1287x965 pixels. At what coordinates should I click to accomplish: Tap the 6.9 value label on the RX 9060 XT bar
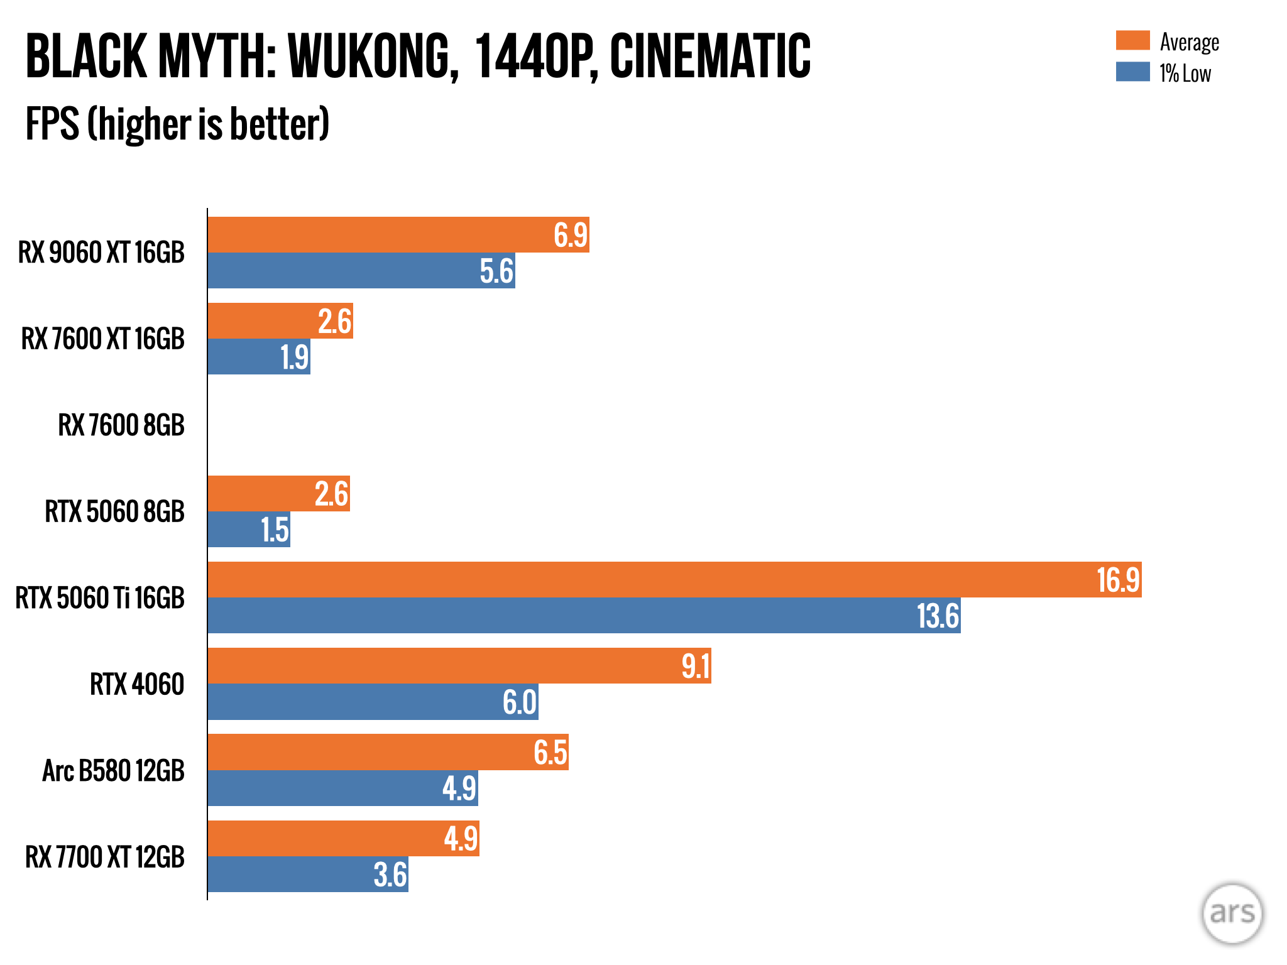pos(570,236)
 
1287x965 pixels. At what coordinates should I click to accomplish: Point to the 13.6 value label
pos(938,616)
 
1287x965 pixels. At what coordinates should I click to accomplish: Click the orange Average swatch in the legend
pos(1132,41)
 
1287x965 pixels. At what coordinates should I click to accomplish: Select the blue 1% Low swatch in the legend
pos(1132,72)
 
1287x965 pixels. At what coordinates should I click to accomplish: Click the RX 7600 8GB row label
pos(121,425)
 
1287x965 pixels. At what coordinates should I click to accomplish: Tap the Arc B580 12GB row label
pos(114,771)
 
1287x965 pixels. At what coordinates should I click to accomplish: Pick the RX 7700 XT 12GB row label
pos(105,857)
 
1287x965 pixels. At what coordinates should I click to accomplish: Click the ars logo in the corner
pos(1232,913)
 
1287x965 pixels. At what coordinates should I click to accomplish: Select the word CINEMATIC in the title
pos(710,57)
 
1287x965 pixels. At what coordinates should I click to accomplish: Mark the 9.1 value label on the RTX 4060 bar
pos(696,666)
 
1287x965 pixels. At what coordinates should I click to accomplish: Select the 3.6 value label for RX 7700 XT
pos(390,875)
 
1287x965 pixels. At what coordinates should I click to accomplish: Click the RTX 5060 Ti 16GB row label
pos(100,598)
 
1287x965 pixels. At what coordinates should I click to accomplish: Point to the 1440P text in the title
pos(535,57)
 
